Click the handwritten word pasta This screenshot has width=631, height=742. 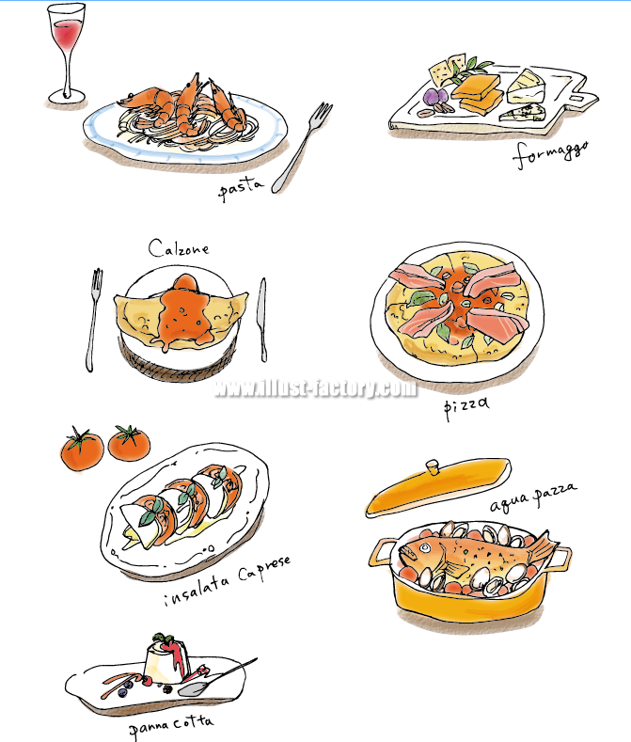pyautogui.click(x=240, y=190)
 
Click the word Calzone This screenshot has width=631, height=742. pyautogui.click(x=179, y=248)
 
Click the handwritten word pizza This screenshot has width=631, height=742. pyautogui.click(x=467, y=406)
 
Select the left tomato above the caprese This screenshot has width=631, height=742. pyautogui.click(x=81, y=449)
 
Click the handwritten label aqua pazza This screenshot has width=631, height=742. pyautogui.click(x=532, y=498)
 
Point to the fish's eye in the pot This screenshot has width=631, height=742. pyautogui.click(x=411, y=550)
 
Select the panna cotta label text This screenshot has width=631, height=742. pyautogui.click(x=172, y=724)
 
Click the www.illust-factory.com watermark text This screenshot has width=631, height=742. pyautogui.click(x=315, y=388)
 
